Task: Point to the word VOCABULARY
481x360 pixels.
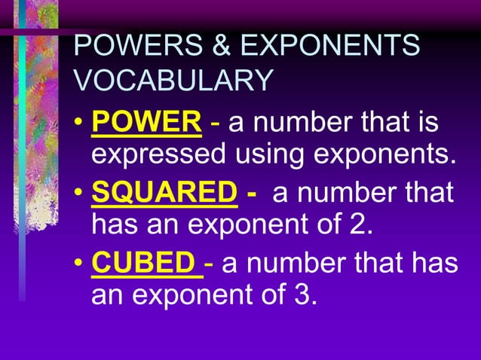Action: coord(173,81)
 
